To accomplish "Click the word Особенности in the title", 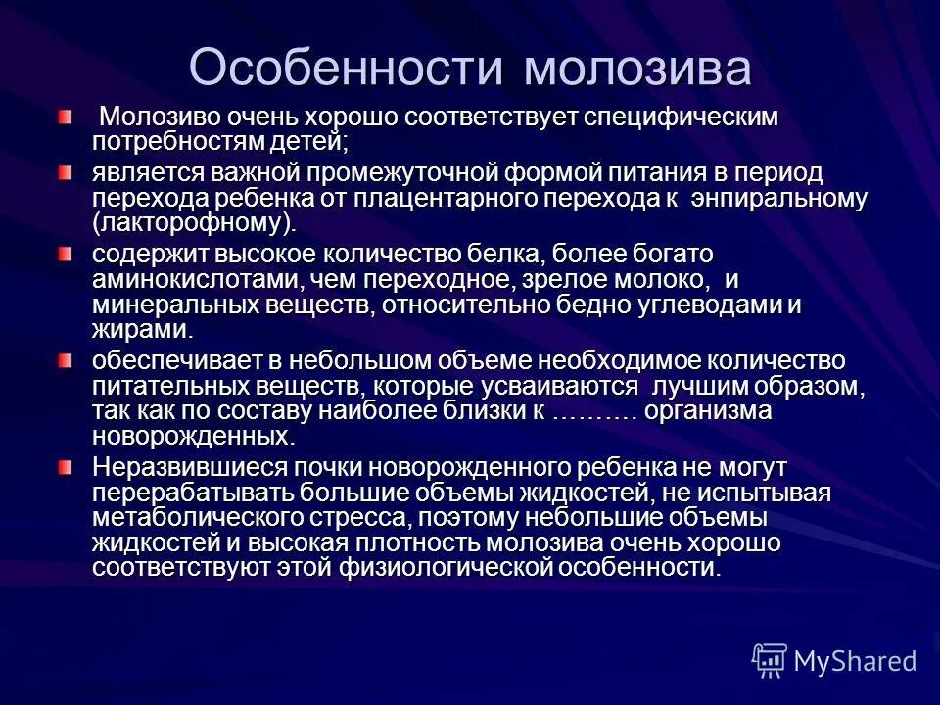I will [346, 68].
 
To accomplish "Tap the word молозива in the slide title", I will [637, 68].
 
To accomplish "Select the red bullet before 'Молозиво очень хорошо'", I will [65, 117].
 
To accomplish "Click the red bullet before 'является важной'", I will [65, 174].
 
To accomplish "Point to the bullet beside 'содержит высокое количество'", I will [65, 255].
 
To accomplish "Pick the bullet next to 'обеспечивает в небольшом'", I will [65, 361].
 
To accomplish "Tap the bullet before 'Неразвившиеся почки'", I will [65, 467].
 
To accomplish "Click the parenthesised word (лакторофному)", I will [193, 222].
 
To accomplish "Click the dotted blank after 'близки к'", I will [595, 411].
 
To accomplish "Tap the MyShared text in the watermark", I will [855, 662].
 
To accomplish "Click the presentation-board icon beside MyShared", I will [770, 662].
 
